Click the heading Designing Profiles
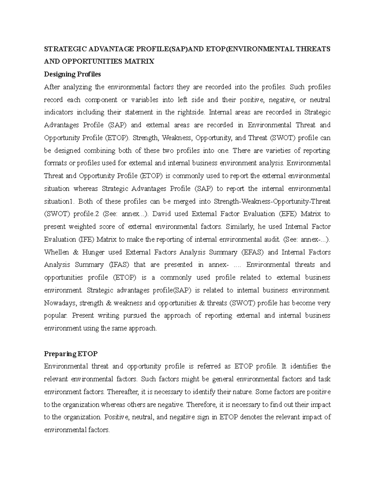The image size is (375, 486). (x=72, y=74)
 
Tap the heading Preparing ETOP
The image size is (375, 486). (x=71, y=354)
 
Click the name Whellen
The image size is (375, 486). (x=56, y=252)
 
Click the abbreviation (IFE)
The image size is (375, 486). (x=84, y=240)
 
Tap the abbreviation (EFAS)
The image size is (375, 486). (x=252, y=252)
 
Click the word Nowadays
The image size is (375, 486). (x=60, y=303)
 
